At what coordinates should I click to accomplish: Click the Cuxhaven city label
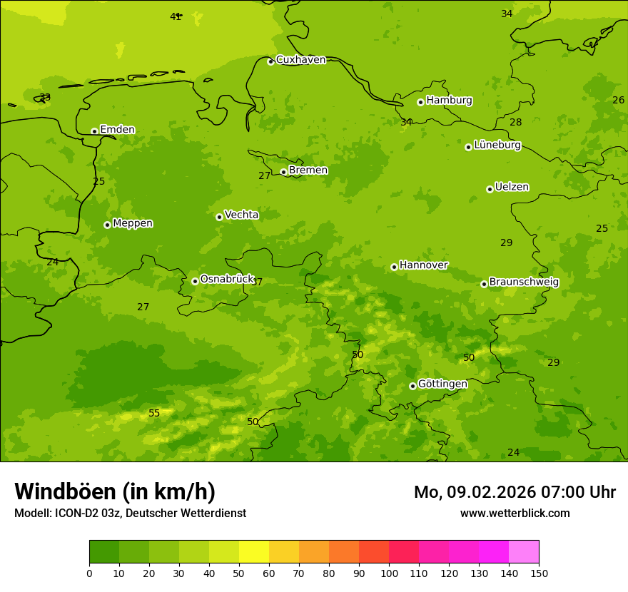[300, 60]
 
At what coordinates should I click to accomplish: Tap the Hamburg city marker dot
[420, 102]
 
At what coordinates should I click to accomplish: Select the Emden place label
[117, 130]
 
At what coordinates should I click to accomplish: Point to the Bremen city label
[308, 170]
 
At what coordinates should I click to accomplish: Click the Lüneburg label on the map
[497, 146]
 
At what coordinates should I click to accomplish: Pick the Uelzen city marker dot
[490, 189]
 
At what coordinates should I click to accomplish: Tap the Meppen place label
[132, 223]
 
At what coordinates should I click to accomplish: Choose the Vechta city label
[241, 215]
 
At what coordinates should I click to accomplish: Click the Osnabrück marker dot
[195, 281]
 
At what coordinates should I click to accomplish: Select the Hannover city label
[423, 265]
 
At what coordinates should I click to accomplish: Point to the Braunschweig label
[524, 282]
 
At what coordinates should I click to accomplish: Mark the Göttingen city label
[442, 384]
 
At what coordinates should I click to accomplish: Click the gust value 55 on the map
[154, 414]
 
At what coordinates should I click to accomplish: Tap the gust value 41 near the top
[176, 16]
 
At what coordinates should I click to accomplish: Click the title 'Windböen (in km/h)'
[115, 491]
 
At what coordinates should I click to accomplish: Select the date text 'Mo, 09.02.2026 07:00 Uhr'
[515, 492]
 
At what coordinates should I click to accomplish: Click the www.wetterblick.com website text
[515, 513]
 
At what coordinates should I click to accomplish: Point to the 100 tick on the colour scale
[389, 573]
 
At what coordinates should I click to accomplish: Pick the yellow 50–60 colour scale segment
[254, 551]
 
